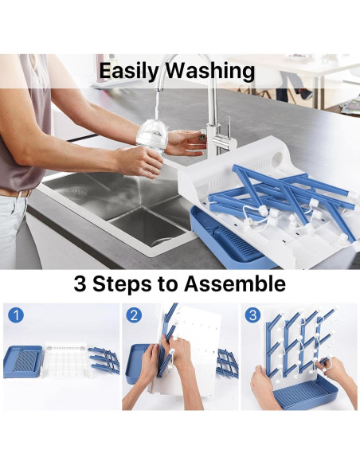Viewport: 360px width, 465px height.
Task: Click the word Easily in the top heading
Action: (129, 72)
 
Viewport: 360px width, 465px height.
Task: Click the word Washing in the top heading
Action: (210, 72)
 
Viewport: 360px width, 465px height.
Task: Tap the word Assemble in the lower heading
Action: (235, 284)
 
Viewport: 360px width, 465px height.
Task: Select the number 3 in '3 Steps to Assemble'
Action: (80, 284)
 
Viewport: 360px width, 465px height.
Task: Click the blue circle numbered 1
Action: (16, 315)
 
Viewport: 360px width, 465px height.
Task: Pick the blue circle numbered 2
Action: (134, 315)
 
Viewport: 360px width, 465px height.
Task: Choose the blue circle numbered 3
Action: (252, 315)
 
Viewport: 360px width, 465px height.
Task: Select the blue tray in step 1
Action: (23, 361)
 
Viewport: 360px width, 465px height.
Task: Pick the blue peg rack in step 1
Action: (104, 361)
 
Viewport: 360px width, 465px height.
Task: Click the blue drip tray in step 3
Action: (305, 393)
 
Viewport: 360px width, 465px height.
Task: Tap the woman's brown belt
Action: (16, 193)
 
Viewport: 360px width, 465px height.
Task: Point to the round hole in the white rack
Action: (278, 159)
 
